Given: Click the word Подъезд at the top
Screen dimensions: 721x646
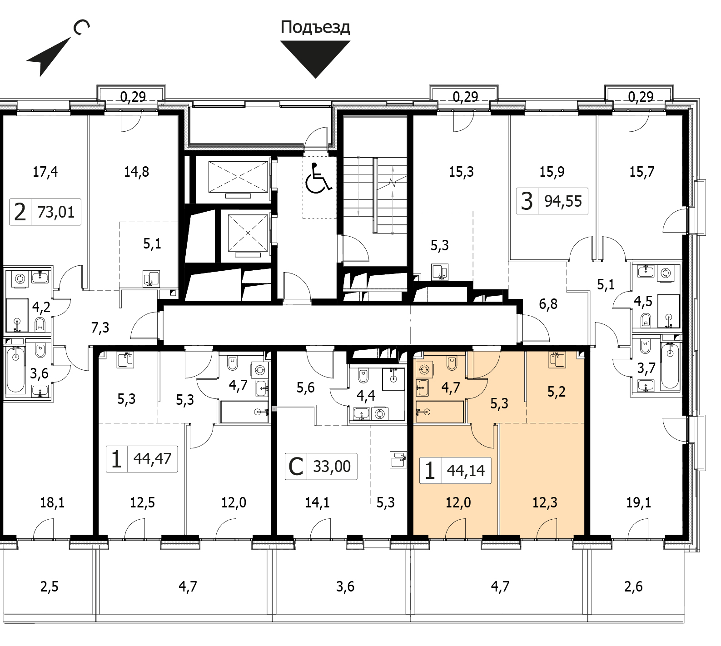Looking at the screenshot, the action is [315, 28].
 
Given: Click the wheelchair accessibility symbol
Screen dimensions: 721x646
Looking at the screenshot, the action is [318, 178].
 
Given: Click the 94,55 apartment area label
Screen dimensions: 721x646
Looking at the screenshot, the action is [563, 201].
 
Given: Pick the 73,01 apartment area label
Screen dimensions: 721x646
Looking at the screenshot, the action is [56, 212].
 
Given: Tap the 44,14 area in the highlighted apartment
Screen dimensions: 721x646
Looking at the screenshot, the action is [466, 470].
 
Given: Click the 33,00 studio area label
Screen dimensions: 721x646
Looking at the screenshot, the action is [332, 466].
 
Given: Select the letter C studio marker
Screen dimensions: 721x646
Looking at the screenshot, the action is [296, 467].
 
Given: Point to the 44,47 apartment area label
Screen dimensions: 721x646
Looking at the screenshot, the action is [152, 458].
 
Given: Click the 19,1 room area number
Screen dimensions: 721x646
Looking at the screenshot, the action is [639, 502].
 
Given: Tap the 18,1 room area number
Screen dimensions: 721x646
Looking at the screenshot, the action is [52, 502].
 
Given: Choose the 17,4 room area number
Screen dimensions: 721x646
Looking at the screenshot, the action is [45, 172].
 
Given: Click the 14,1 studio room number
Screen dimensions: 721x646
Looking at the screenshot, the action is [317, 502].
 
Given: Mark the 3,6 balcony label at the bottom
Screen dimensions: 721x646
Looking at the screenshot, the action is [345, 587].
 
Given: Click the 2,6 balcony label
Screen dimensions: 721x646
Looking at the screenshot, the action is [633, 587].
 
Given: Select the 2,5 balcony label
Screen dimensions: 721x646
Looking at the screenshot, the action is [49, 587].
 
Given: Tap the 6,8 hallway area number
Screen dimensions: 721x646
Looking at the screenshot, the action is [548, 303].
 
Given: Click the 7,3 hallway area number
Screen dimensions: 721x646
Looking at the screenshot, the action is [100, 327].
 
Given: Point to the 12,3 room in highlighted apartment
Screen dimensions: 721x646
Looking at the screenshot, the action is [545, 502].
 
